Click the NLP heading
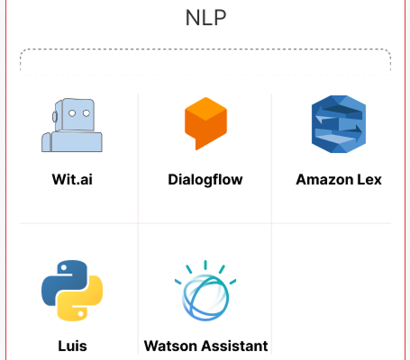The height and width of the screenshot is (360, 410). click(x=205, y=18)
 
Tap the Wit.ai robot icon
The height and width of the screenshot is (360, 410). click(x=72, y=125)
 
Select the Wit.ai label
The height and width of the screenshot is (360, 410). click(x=72, y=179)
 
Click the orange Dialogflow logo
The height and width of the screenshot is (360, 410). click(x=205, y=123)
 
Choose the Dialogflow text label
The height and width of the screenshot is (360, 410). click(x=205, y=180)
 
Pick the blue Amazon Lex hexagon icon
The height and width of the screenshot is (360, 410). click(x=339, y=124)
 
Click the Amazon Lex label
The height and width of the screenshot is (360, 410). click(x=339, y=179)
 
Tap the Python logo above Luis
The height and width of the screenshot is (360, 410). click(x=72, y=291)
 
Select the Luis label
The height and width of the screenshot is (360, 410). click(x=72, y=346)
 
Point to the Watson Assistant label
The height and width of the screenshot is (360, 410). click(x=205, y=346)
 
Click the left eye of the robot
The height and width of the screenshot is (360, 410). click(x=72, y=113)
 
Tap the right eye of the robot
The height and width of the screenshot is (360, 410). click(x=87, y=113)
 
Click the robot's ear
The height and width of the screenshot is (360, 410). click(x=55, y=117)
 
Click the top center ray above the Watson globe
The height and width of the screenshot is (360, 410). click(x=205, y=265)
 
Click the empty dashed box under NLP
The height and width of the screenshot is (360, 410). click(x=205, y=60)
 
